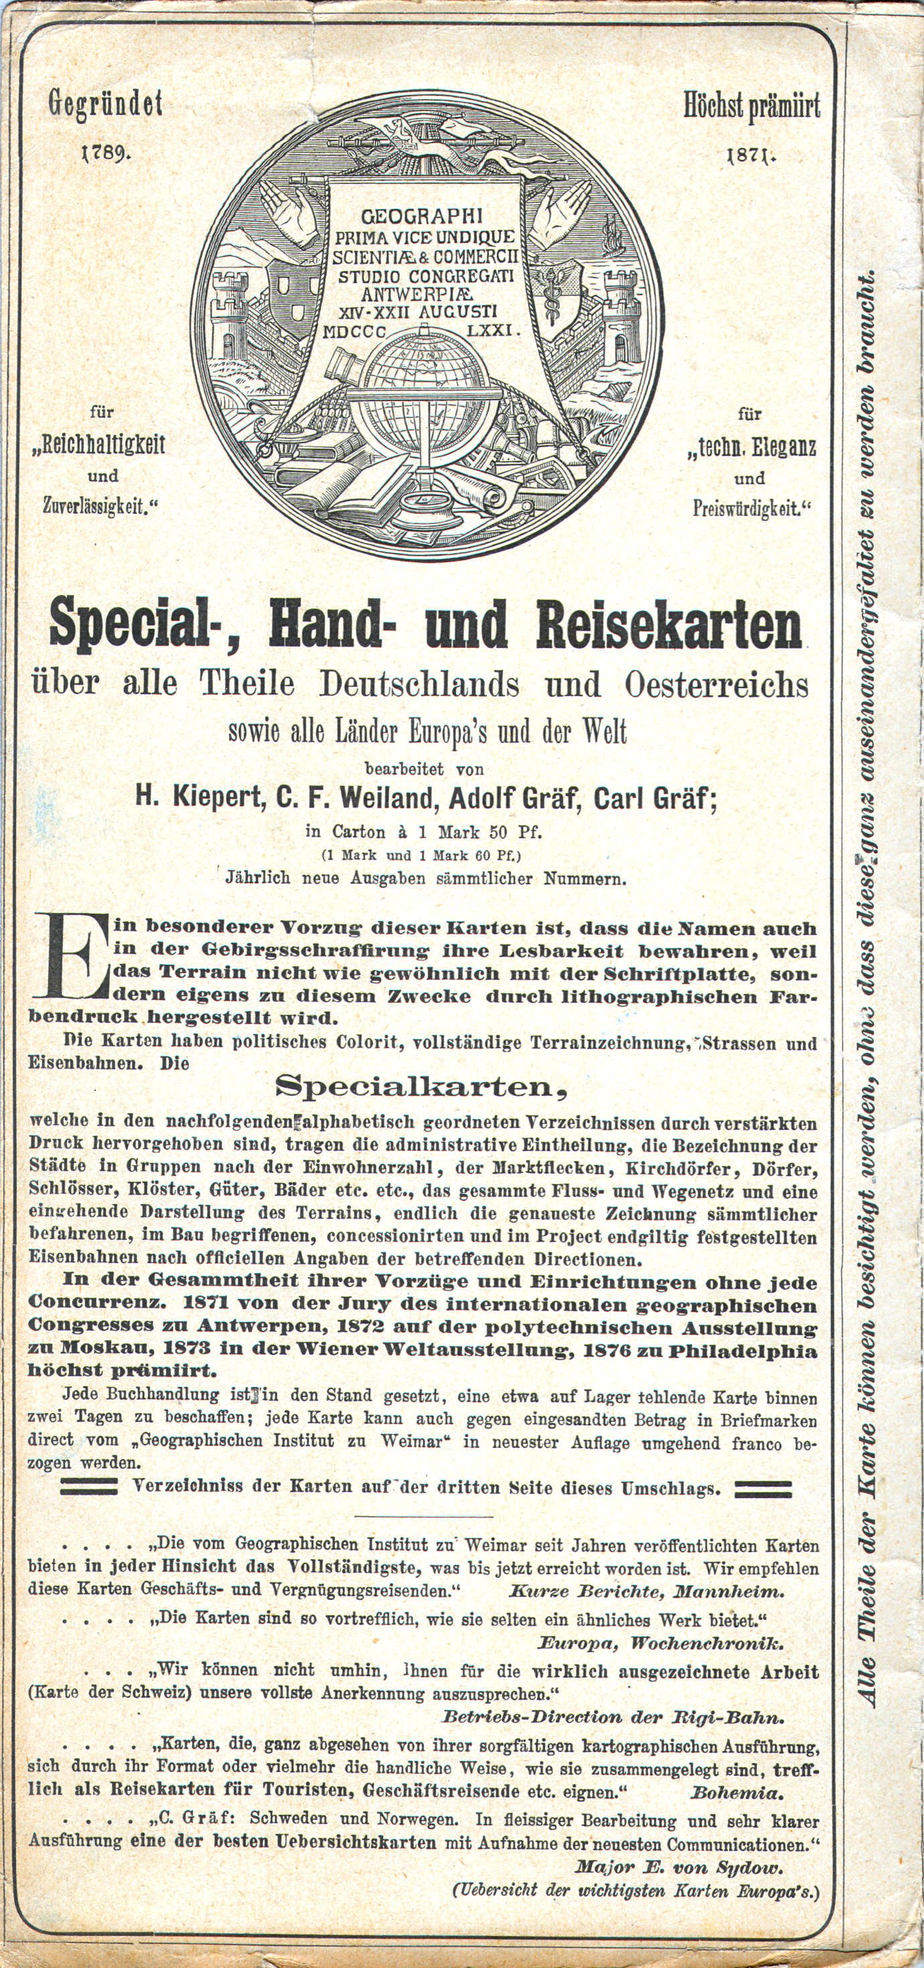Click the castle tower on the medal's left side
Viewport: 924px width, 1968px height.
pos(228,313)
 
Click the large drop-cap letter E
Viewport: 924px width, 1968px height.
pos(70,957)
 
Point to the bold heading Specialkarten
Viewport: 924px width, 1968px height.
pos(420,1086)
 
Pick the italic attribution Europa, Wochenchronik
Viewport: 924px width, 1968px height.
pos(661,1642)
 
